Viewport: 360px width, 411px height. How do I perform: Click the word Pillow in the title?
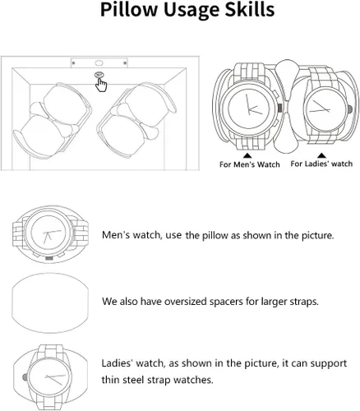(x=129, y=9)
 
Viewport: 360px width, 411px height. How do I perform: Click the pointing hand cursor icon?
(x=101, y=85)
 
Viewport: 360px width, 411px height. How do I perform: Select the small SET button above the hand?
(x=99, y=75)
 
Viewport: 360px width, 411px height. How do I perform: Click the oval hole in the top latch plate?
(x=99, y=63)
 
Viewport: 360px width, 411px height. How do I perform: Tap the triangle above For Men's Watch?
(x=247, y=155)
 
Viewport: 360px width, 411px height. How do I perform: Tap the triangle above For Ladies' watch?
(x=322, y=155)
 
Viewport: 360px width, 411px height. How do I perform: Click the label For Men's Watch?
(x=250, y=164)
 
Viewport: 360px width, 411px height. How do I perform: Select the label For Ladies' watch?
(x=321, y=164)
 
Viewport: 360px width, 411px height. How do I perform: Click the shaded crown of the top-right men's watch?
(x=280, y=108)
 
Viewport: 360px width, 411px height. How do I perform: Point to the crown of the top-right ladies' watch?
(x=350, y=109)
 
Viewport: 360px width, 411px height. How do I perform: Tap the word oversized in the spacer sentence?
(x=185, y=302)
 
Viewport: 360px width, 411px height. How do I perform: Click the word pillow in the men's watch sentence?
(x=215, y=235)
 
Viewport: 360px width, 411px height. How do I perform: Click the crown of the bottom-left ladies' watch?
(x=25, y=377)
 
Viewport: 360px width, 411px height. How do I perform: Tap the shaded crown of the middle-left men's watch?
(x=49, y=258)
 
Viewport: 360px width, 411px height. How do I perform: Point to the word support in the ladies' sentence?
(x=329, y=364)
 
